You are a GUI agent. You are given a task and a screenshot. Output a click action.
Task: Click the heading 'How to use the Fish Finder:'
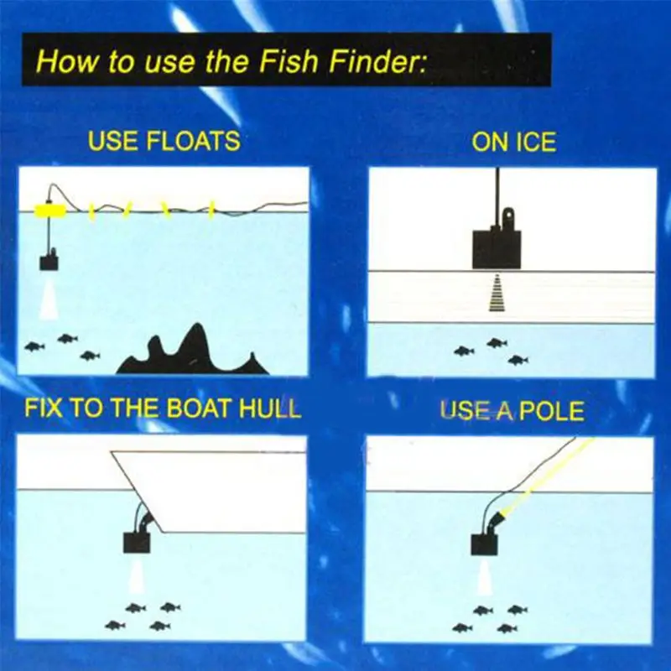coord(231,60)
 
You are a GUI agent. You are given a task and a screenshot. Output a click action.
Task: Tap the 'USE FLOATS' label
coord(164,141)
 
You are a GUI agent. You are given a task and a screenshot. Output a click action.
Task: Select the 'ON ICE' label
coord(513,142)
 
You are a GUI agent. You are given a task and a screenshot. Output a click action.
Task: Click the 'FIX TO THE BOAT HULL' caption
coord(163,408)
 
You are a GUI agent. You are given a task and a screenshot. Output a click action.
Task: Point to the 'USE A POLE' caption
coord(512,410)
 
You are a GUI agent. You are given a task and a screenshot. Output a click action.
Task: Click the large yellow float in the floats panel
coord(50,211)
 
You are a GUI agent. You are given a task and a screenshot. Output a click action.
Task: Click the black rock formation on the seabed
coord(193,351)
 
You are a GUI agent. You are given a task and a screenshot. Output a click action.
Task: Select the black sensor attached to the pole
coord(484,544)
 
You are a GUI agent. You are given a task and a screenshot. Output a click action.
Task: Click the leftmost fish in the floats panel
coord(34,346)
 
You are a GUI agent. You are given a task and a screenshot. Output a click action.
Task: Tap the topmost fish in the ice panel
coord(497,343)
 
